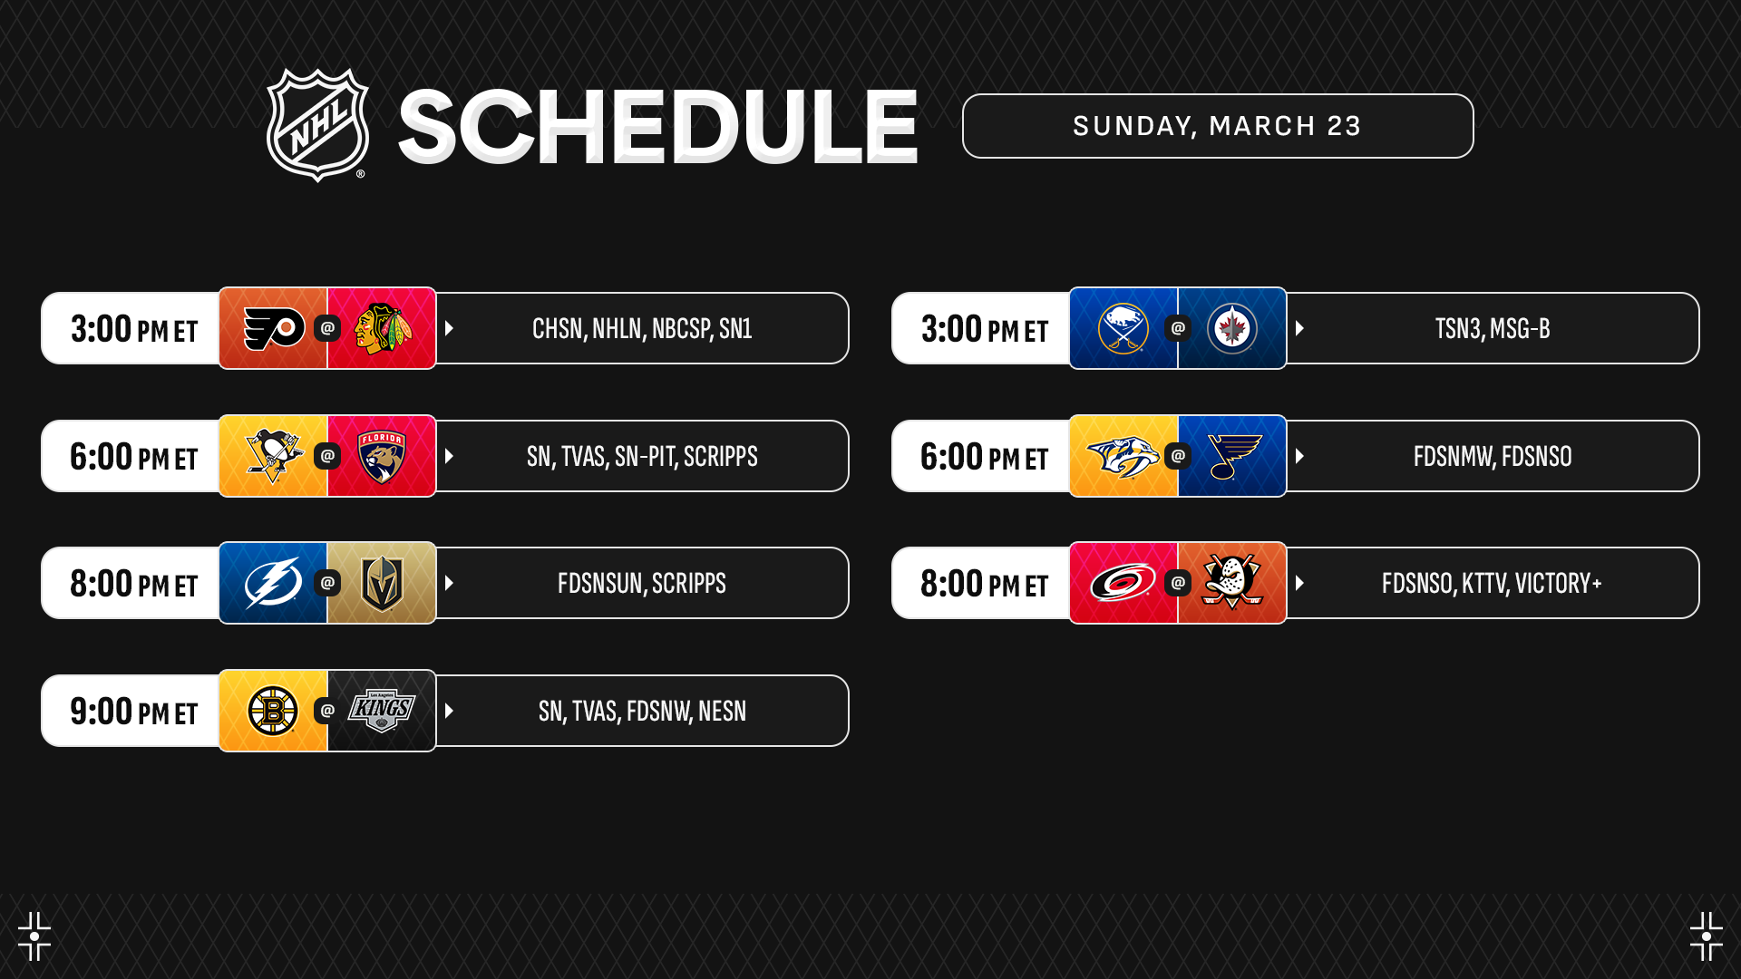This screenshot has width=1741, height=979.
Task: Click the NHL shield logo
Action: (x=317, y=125)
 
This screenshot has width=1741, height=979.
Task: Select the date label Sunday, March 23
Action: (x=1217, y=126)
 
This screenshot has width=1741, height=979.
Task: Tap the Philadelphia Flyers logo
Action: (x=274, y=328)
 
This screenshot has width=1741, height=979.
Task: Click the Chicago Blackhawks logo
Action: (x=383, y=328)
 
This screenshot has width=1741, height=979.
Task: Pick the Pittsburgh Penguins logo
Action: (x=274, y=456)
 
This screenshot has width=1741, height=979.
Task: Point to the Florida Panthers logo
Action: (x=382, y=456)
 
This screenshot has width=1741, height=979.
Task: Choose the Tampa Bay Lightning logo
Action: (x=274, y=583)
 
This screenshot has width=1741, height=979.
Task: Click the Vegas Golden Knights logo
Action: (x=382, y=583)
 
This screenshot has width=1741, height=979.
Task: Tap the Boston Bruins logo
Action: (x=273, y=711)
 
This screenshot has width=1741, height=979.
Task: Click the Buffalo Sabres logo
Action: (x=1123, y=328)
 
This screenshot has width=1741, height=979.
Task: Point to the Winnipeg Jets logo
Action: (x=1232, y=328)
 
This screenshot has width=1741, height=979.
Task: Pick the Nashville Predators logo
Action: (x=1123, y=456)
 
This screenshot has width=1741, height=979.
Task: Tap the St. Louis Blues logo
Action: (x=1234, y=456)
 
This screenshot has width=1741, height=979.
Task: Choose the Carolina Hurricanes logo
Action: (x=1123, y=583)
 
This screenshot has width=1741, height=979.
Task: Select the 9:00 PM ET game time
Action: (x=133, y=712)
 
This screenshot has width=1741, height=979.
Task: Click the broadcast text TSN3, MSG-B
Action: (x=1493, y=328)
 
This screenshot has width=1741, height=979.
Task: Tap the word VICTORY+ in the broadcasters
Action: (x=1559, y=583)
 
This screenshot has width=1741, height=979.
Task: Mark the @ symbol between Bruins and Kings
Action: (x=327, y=711)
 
